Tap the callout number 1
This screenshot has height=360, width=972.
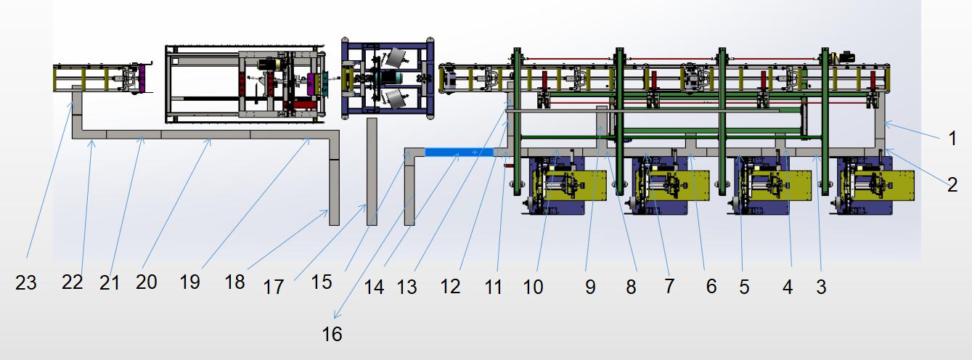952,138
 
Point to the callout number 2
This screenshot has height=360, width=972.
952,184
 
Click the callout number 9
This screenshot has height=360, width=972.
589,287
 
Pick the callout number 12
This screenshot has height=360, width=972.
450,287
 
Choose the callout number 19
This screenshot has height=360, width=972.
189,282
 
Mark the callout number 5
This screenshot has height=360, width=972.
744,287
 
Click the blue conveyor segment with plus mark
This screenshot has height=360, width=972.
459,152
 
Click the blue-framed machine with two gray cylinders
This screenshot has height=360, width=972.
388,78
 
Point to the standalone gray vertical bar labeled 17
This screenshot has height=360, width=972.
372,171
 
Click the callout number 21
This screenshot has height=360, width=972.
110,283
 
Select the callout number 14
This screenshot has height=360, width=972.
373,287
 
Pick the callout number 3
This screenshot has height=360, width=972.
821,287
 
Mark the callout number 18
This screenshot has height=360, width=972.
234,282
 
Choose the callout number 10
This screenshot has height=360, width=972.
533,287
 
